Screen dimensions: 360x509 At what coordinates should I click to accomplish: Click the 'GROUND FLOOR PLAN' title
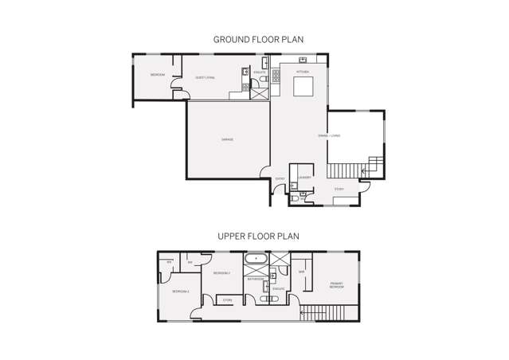point(258,39)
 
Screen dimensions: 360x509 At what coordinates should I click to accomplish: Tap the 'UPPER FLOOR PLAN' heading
point(258,237)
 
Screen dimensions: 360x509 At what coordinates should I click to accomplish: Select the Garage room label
point(227,139)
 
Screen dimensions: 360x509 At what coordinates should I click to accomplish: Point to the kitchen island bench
point(303,87)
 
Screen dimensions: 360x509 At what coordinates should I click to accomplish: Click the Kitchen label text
point(303,72)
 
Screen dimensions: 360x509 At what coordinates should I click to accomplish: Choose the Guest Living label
point(205,77)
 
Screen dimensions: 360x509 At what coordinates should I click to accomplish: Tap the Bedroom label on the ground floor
point(157,75)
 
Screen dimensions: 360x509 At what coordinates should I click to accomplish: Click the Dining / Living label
point(329,135)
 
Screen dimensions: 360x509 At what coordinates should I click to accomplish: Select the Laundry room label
point(304,178)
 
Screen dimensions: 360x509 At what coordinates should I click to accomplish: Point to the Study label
point(339,189)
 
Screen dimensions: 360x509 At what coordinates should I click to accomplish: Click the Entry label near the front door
point(280,178)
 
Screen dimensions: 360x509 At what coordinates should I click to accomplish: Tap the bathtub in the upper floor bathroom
point(256,259)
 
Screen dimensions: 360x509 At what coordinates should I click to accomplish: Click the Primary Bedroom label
point(337,285)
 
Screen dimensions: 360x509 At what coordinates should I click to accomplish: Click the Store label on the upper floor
point(227,300)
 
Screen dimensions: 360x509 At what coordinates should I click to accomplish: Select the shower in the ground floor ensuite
point(260,92)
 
